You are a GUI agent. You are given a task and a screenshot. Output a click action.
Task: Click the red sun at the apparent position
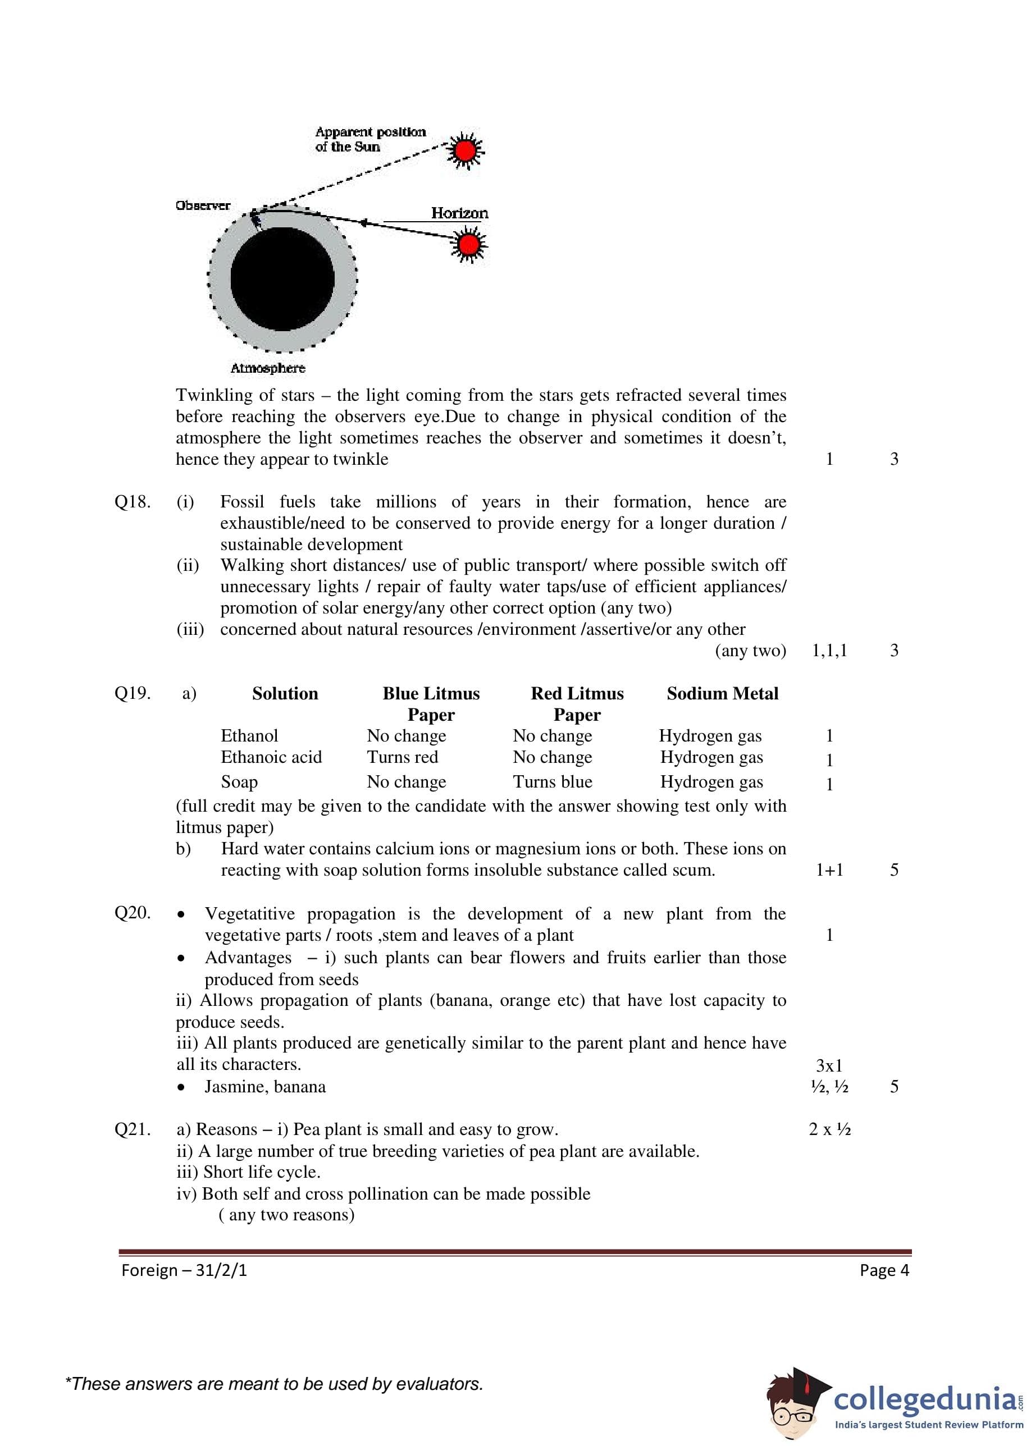click(466, 150)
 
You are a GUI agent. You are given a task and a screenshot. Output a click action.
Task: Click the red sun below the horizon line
click(468, 244)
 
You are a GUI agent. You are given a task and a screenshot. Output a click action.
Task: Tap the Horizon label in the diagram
click(460, 213)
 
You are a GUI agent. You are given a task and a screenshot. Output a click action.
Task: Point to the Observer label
click(203, 205)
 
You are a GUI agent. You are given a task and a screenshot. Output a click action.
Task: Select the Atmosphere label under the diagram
click(267, 368)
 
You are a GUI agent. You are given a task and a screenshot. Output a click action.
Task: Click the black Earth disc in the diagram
click(282, 279)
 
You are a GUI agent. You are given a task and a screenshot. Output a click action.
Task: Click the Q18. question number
click(133, 502)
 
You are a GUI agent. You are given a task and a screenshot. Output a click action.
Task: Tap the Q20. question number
click(133, 912)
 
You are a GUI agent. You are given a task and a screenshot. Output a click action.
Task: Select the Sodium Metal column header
click(723, 693)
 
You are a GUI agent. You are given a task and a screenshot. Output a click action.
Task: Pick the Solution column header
click(285, 693)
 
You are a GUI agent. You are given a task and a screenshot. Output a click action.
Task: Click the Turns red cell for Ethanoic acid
click(403, 757)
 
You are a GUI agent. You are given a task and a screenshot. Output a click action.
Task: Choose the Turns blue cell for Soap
click(553, 782)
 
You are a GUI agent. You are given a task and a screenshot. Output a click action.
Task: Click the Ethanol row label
click(249, 736)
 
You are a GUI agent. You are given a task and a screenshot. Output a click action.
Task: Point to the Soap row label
click(239, 782)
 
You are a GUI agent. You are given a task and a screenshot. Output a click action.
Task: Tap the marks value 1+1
click(829, 870)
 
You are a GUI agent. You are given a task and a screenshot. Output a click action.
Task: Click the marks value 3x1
click(829, 1065)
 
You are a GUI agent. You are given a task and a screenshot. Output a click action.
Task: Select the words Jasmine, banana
click(264, 1087)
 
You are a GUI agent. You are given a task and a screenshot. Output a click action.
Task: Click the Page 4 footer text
click(884, 1270)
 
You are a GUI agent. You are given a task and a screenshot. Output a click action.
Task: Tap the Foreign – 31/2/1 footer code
click(184, 1270)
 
